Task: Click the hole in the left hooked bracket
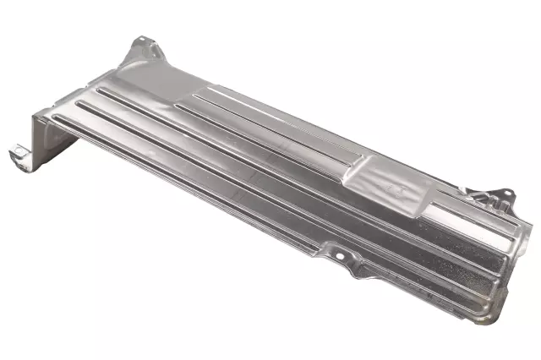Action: point(16,152)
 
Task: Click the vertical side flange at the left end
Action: point(44,139)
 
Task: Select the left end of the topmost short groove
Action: point(194,95)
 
